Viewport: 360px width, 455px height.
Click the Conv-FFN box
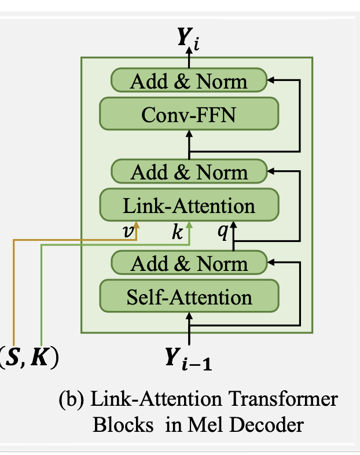189,113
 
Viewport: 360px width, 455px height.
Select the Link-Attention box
189,206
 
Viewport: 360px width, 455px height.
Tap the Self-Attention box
189,297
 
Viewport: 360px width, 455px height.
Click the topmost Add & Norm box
189,80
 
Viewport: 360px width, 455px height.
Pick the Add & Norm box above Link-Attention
189,172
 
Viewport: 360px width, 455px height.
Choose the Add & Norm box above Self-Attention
189,263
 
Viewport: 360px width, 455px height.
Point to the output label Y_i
189,39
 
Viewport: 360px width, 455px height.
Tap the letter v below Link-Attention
129,232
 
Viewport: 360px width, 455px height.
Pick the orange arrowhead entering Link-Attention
137,223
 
